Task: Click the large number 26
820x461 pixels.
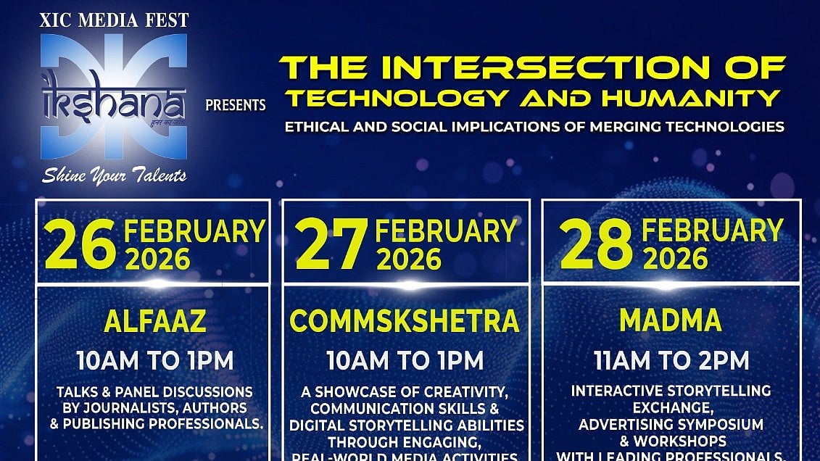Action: click(80, 246)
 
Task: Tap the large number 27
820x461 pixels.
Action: click(331, 246)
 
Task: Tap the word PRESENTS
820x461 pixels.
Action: click(236, 105)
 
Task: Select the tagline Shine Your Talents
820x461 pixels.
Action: click(114, 175)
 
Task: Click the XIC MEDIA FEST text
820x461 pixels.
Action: click(114, 20)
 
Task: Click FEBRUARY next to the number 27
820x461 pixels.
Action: click(446, 231)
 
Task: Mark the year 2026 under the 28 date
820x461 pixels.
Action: click(676, 259)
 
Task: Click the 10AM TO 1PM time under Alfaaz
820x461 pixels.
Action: click(155, 360)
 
